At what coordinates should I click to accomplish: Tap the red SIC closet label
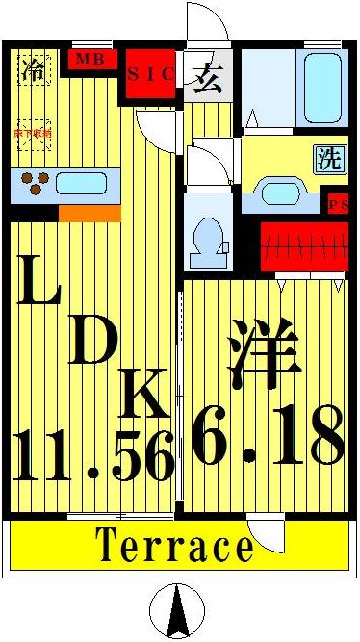coord(151,74)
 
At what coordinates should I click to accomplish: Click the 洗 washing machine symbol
coord(329,160)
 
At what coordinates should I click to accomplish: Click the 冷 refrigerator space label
coord(34,69)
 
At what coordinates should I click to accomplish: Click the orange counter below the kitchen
coord(89,212)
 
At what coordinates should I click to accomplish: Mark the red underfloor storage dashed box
coord(34,135)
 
